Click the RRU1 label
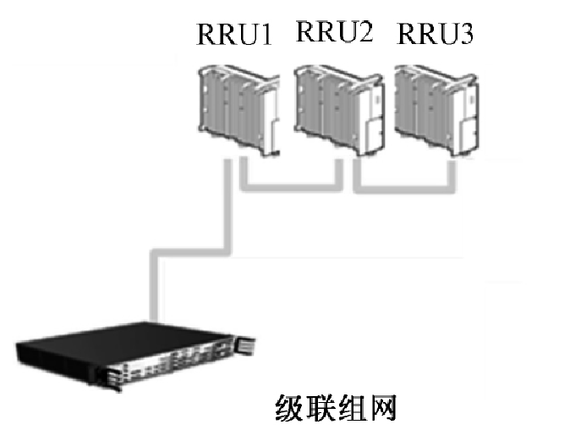[x=234, y=39]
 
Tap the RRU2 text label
[x=333, y=33]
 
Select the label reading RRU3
[x=436, y=36]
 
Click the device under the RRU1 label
[x=238, y=110]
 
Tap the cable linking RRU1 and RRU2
[x=292, y=185]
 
